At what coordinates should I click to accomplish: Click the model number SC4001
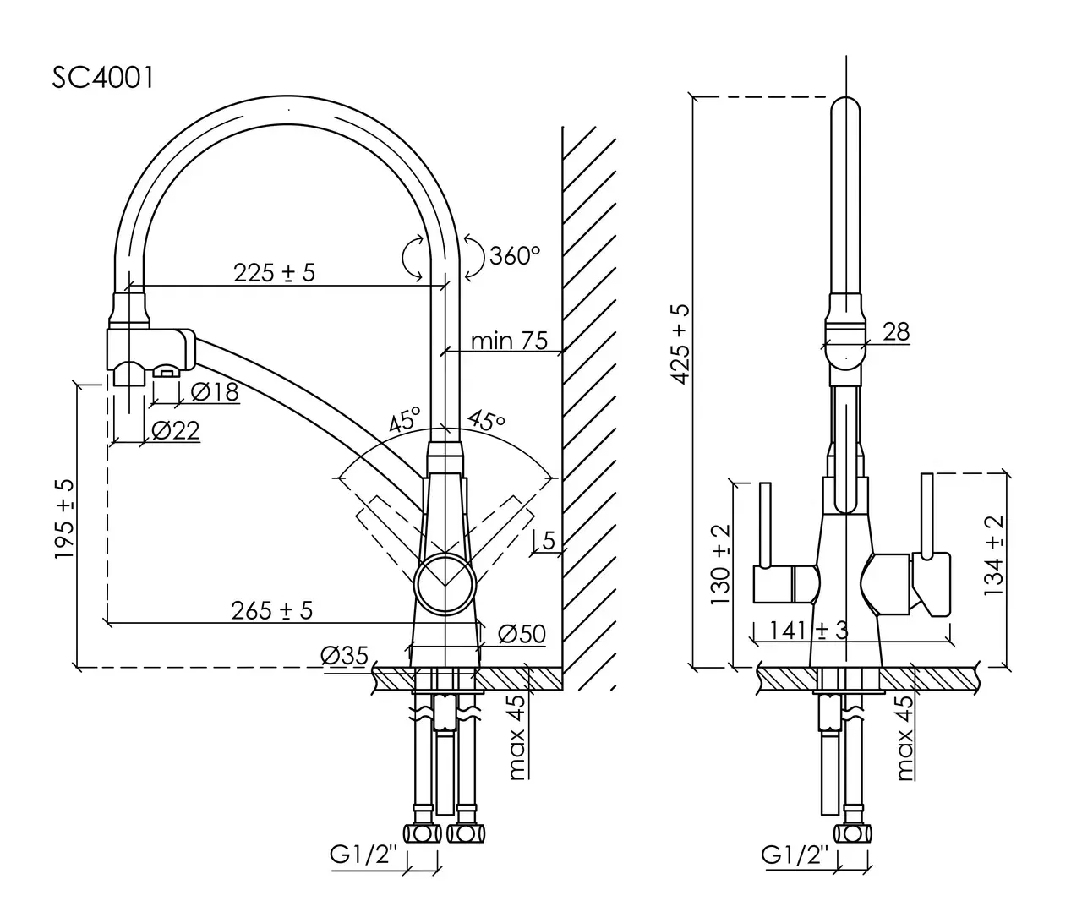tap(103, 77)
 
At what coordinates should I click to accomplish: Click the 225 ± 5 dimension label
tap(274, 272)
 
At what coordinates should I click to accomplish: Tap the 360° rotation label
tap(514, 254)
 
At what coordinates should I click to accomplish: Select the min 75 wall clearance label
tap(509, 341)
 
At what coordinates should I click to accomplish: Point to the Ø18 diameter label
tap(215, 391)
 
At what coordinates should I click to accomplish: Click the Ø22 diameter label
tap(176, 431)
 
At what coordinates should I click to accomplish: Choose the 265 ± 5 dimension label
tap(272, 610)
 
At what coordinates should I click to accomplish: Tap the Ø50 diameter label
tap(521, 634)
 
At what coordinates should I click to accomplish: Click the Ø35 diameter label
tap(344, 655)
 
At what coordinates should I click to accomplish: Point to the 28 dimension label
tap(896, 331)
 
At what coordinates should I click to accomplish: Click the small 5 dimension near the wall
tap(549, 540)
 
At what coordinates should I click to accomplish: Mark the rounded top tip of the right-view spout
tap(846, 106)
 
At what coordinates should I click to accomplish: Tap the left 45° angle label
tap(405, 420)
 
